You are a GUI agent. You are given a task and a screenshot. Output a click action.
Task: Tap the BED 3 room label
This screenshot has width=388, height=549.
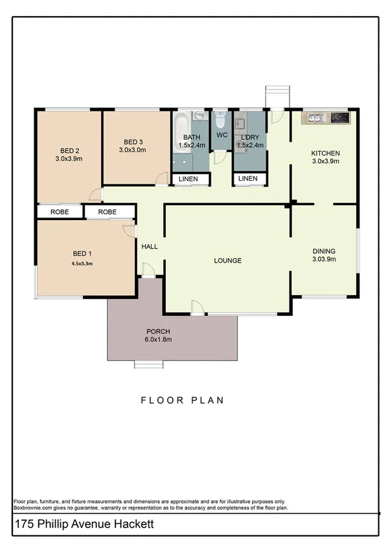point(132,142)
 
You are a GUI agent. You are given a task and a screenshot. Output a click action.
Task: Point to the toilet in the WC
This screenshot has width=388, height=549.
point(221,120)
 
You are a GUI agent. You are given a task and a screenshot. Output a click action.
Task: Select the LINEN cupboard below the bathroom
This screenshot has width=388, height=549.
point(189,179)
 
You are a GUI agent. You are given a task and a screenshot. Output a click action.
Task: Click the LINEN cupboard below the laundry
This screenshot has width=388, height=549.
point(247,179)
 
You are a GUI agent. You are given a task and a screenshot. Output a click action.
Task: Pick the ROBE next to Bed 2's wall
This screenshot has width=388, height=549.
point(58,212)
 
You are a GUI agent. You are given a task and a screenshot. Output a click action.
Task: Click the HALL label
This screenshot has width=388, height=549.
point(150,247)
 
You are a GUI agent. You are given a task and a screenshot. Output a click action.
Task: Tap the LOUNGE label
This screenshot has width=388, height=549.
point(228,261)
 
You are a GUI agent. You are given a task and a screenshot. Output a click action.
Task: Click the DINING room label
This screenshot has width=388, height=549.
point(324,251)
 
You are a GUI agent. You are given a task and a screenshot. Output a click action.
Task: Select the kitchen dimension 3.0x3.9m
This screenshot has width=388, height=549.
point(326,162)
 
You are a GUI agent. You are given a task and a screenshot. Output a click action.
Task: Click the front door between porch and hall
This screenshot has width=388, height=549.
point(148,272)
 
